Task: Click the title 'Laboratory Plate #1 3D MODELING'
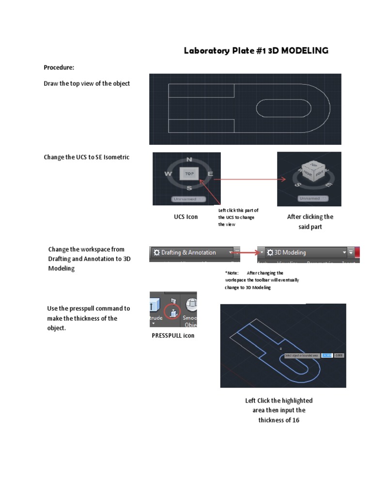pos(256,50)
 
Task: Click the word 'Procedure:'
pos(59,67)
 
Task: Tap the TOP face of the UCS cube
pos(189,173)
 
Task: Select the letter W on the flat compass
pos(168,173)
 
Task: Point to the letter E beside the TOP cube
pos(210,173)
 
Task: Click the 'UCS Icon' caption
pos(186,217)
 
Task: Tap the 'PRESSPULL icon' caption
pos(173,336)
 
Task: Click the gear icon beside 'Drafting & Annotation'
pos(156,252)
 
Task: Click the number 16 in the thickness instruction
pos(295,420)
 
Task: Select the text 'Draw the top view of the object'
pos(87,83)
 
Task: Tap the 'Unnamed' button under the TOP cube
pos(188,199)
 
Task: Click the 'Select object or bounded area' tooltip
pos(302,356)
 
